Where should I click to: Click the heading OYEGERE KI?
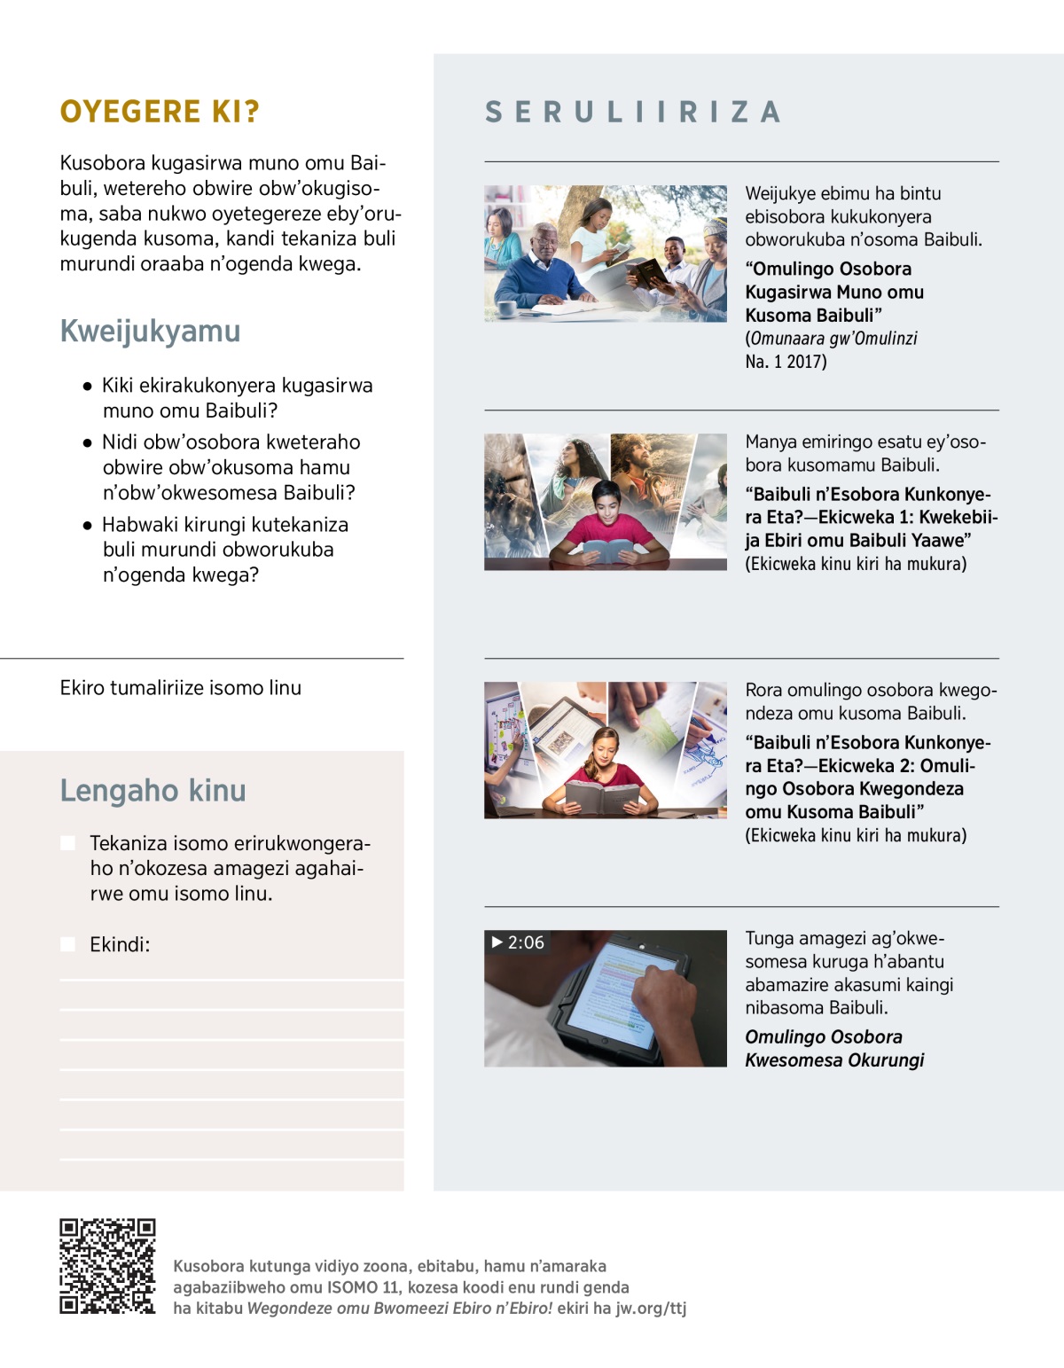coord(160,112)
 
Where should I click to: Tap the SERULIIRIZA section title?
coord(633,112)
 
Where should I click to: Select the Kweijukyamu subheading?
coord(150,331)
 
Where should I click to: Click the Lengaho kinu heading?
coord(153,790)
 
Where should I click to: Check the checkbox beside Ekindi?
coord(67,944)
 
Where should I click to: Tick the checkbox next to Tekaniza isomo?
coord(67,842)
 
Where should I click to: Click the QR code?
coord(107,1266)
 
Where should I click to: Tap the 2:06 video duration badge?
coord(518,942)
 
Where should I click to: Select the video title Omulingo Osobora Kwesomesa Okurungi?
coord(833,1048)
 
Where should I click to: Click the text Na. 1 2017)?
coord(786,361)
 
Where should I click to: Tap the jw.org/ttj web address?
coord(651,1308)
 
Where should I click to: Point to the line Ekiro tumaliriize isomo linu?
coord(181,688)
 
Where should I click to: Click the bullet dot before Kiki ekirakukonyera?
coord(87,387)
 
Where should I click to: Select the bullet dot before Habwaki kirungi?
coord(87,526)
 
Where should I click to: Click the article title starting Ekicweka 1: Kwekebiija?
coord(866,517)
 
